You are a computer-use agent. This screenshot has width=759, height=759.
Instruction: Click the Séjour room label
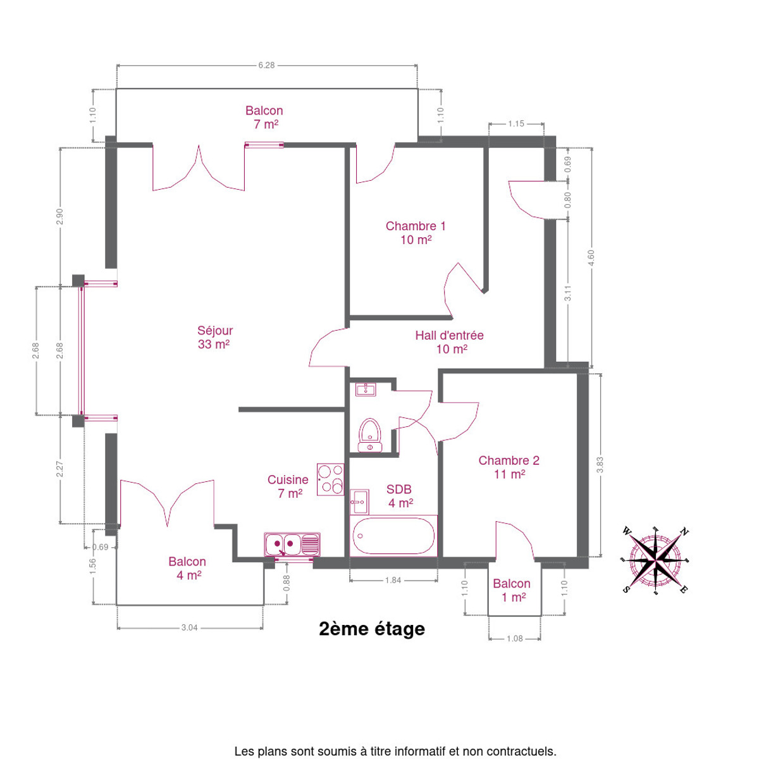214,337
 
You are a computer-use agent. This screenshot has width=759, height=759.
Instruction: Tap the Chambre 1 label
416,233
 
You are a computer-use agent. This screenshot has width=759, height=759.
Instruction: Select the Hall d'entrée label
450,342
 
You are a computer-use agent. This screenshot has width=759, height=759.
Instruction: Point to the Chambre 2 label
509,467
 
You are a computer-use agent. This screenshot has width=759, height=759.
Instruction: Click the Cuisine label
288,486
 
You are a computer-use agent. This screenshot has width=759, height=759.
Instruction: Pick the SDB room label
399,496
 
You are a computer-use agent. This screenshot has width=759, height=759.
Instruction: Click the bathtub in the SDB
393,536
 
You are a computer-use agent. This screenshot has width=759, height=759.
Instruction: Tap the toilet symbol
370,435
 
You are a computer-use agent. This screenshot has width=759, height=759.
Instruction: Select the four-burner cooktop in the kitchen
330,479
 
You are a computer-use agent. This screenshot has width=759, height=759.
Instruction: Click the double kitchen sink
292,544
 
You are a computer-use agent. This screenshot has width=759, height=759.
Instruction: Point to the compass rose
655,560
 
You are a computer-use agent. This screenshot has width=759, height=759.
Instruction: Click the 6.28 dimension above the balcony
267,65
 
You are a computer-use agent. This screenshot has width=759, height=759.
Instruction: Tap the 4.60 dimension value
591,258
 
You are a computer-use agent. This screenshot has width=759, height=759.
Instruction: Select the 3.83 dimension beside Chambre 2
600,465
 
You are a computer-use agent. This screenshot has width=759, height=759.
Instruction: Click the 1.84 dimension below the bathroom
393,580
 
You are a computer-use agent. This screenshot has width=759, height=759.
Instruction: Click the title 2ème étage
372,629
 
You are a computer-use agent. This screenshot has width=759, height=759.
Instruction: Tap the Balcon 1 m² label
512,590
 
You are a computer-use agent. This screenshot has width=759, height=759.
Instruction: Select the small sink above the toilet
366,390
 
